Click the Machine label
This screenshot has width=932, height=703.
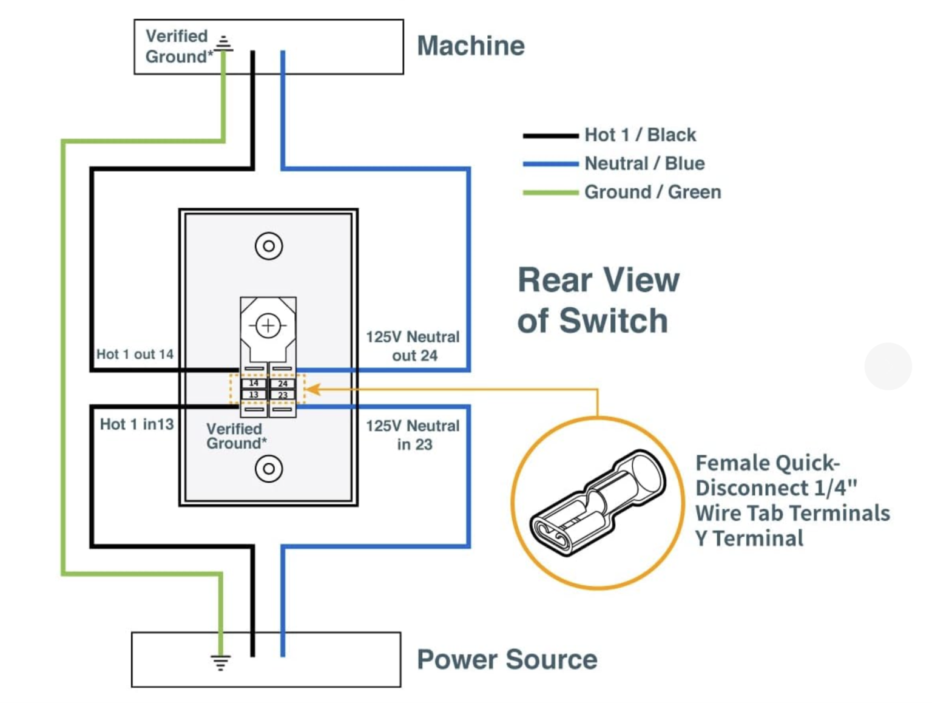pyautogui.click(x=470, y=46)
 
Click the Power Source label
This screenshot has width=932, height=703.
pyautogui.click(x=507, y=659)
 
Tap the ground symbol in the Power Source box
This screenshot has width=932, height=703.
pyautogui.click(x=220, y=662)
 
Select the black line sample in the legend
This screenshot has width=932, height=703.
pyautogui.click(x=550, y=136)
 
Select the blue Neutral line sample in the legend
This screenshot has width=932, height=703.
pyautogui.click(x=550, y=164)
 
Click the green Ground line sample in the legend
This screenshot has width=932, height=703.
pyautogui.click(x=550, y=192)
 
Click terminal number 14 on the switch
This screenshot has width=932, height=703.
pyautogui.click(x=254, y=384)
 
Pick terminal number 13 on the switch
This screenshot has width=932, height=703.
pyautogui.click(x=254, y=395)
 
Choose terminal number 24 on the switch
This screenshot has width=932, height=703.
pyautogui.click(x=283, y=384)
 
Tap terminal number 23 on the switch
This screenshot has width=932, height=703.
pyautogui.click(x=283, y=395)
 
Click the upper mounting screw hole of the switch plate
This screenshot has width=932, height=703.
pyautogui.click(x=269, y=246)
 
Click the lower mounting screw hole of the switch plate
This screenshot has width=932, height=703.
pyautogui.click(x=269, y=469)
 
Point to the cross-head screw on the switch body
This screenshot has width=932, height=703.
pyautogui.click(x=268, y=326)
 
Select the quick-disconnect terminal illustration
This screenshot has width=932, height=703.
pyautogui.click(x=598, y=503)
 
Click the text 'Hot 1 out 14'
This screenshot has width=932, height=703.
pyautogui.click(x=135, y=354)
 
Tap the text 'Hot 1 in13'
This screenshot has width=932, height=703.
pyautogui.click(x=137, y=424)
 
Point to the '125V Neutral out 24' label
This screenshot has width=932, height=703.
pyautogui.click(x=413, y=346)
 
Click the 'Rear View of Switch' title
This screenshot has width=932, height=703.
pyautogui.click(x=598, y=300)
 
